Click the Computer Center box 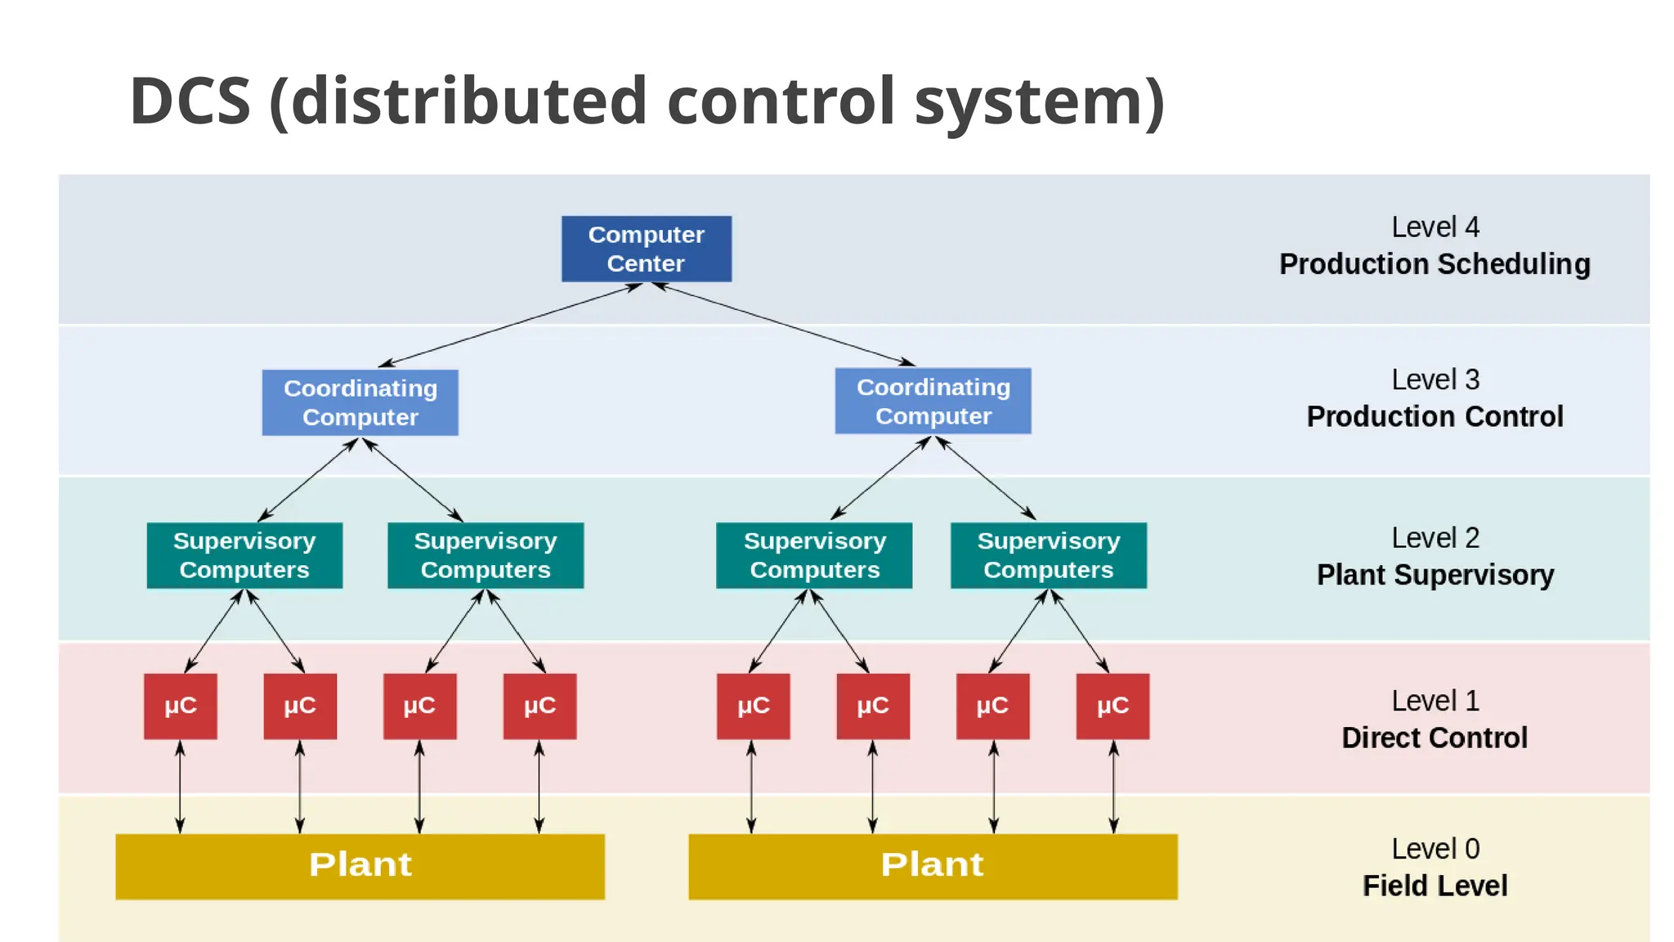[646, 249]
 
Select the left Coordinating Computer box [360, 402]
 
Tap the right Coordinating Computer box [933, 401]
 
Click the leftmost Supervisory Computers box [244, 555]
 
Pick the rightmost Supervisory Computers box [1048, 555]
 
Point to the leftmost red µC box [181, 706]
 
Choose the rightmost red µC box [1112, 706]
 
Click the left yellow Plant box [360, 866]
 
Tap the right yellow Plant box [933, 866]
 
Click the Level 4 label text [1435, 227]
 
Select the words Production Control [1435, 417]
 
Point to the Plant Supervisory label [1435, 575]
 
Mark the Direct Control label [1435, 738]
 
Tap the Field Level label [1435, 886]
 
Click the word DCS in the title [190, 101]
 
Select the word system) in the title [1039, 101]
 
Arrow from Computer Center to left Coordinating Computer [511, 325]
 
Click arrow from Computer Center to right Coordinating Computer [785, 325]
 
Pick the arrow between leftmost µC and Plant [181, 787]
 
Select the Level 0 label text [1435, 849]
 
